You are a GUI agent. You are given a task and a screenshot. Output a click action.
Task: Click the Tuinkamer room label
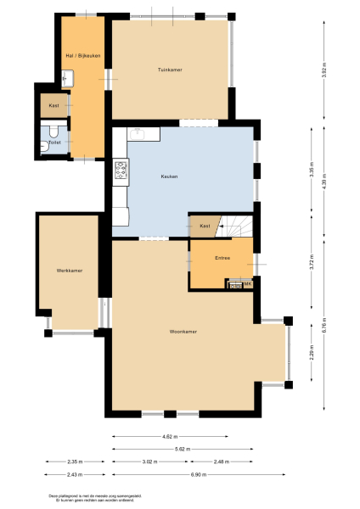click(171, 69)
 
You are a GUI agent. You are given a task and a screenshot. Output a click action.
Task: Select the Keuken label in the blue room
click(169, 176)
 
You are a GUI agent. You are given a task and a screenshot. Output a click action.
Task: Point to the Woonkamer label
click(183, 332)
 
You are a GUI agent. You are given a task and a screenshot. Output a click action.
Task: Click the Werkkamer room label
click(70, 270)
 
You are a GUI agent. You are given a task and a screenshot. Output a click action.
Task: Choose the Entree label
click(222, 257)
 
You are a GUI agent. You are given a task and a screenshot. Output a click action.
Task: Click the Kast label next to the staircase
click(205, 227)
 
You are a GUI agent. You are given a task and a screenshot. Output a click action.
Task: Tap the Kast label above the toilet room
click(53, 106)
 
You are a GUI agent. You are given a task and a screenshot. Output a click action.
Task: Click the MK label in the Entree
click(247, 283)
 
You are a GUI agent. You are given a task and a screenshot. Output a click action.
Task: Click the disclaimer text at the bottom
click(82, 498)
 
